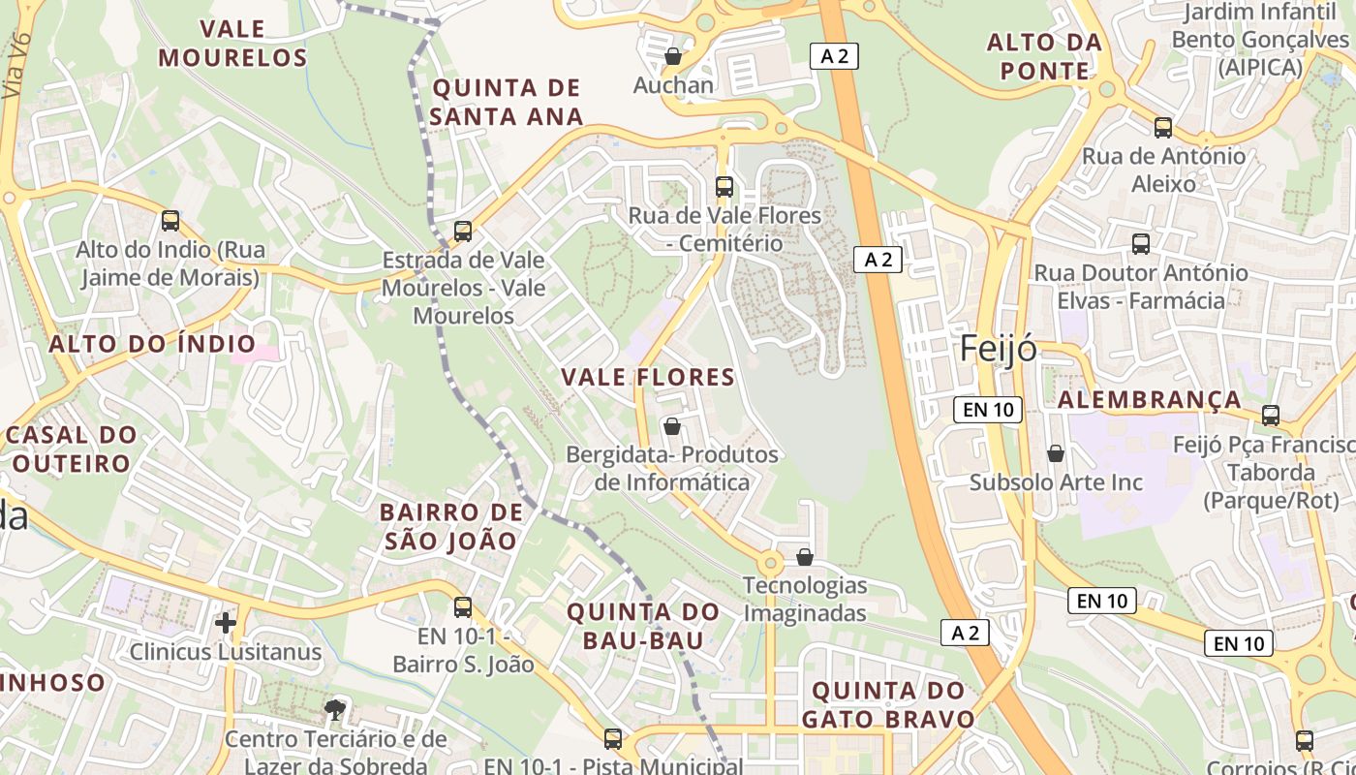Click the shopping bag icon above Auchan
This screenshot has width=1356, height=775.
[673, 56]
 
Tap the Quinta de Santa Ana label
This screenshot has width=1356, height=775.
[508, 103]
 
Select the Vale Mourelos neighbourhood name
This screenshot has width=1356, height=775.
[232, 43]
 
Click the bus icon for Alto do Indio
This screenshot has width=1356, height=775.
[170, 221]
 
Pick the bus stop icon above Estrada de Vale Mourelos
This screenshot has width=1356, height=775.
[463, 232]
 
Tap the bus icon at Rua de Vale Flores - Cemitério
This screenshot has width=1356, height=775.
[724, 187]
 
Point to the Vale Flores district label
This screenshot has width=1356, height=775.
[648, 377]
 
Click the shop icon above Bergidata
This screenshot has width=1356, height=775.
[672, 426]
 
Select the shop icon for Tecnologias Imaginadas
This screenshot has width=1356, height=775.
[805, 557]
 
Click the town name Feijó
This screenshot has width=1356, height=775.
[998, 349]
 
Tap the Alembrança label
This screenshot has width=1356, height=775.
[1149, 400]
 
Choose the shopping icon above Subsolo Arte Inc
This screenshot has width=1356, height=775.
[1056, 453]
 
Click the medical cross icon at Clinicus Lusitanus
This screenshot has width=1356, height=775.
[226, 622]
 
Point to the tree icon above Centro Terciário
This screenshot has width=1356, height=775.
[335, 710]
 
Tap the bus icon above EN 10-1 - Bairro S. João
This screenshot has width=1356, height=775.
[463, 607]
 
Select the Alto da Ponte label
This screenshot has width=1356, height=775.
[1044, 56]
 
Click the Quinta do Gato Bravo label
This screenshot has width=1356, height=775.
[888, 705]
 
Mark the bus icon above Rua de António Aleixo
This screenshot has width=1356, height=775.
[1163, 127]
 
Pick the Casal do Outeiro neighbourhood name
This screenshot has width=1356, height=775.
[70, 449]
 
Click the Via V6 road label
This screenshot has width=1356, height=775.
[17, 66]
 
